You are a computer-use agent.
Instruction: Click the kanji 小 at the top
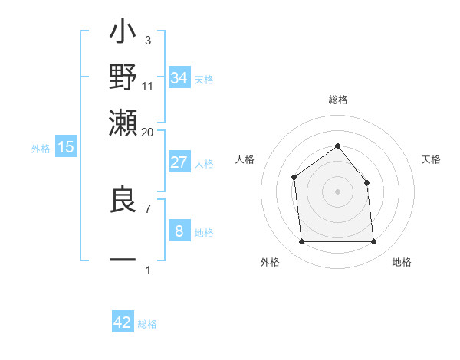pyautogui.click(x=123, y=34)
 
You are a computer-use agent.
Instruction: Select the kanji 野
pyautogui.click(x=123, y=77)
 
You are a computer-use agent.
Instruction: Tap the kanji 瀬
pyautogui.click(x=123, y=121)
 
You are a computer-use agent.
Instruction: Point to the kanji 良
pyautogui.click(x=123, y=201)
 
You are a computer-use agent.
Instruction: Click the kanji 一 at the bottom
pyautogui.click(x=123, y=260)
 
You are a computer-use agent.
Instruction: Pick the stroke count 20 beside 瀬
pyautogui.click(x=147, y=131)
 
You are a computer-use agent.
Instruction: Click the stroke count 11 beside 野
pyautogui.click(x=147, y=87)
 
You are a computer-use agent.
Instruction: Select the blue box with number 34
pyautogui.click(x=179, y=77)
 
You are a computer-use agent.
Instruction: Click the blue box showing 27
pyautogui.click(x=179, y=162)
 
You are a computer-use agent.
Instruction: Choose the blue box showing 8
pyautogui.click(x=179, y=231)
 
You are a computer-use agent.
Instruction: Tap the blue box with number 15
pyautogui.click(x=66, y=147)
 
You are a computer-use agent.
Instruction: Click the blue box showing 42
pyautogui.click(x=123, y=322)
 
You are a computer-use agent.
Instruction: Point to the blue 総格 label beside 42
pyautogui.click(x=147, y=324)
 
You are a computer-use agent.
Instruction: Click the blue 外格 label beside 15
pyautogui.click(x=41, y=149)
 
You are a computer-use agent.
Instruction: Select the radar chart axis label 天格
pyautogui.click(x=431, y=159)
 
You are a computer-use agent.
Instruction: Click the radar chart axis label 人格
pyautogui.click(x=245, y=159)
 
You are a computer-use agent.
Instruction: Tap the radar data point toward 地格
pyautogui.click(x=373, y=242)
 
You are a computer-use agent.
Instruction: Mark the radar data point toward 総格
pyautogui.click(x=337, y=146)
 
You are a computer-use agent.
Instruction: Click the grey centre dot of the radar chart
pyautogui.click(x=337, y=191)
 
